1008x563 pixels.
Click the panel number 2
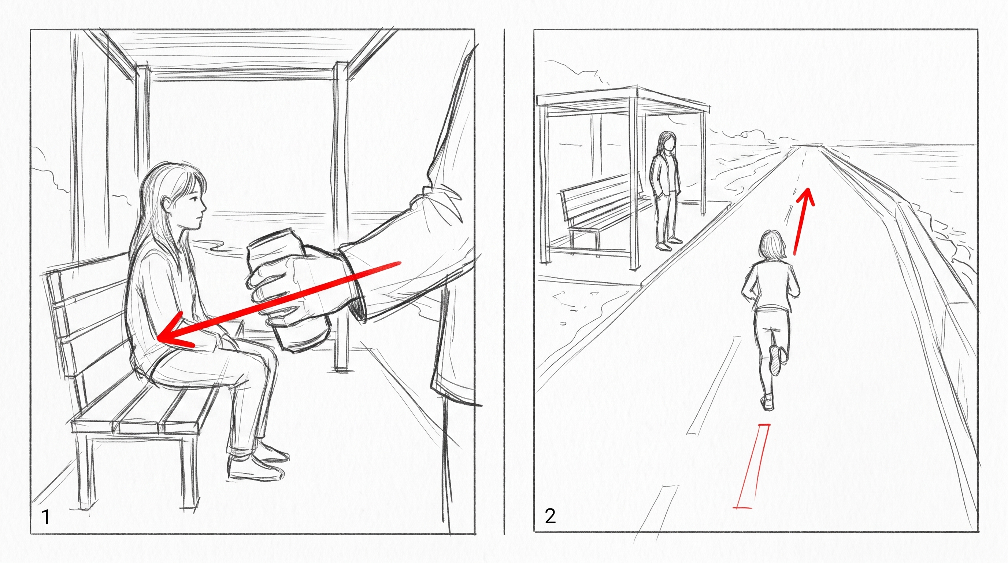[550, 516]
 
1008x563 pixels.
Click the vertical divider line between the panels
[504, 281]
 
